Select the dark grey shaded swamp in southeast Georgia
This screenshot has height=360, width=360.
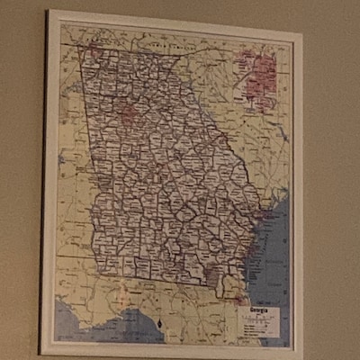coord(216,274)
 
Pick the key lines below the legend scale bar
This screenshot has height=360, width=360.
coord(257,331)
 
